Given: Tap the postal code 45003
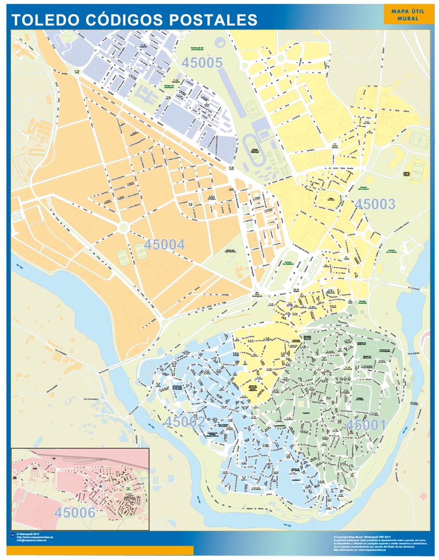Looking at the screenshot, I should [375, 204].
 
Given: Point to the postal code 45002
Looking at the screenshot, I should [185, 422].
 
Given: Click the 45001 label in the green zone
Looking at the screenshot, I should [366, 424].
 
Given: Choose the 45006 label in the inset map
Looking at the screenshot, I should [75, 512].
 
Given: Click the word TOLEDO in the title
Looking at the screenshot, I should [46, 20].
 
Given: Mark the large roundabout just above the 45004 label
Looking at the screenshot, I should [123, 226].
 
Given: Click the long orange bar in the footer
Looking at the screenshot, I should [102, 550].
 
